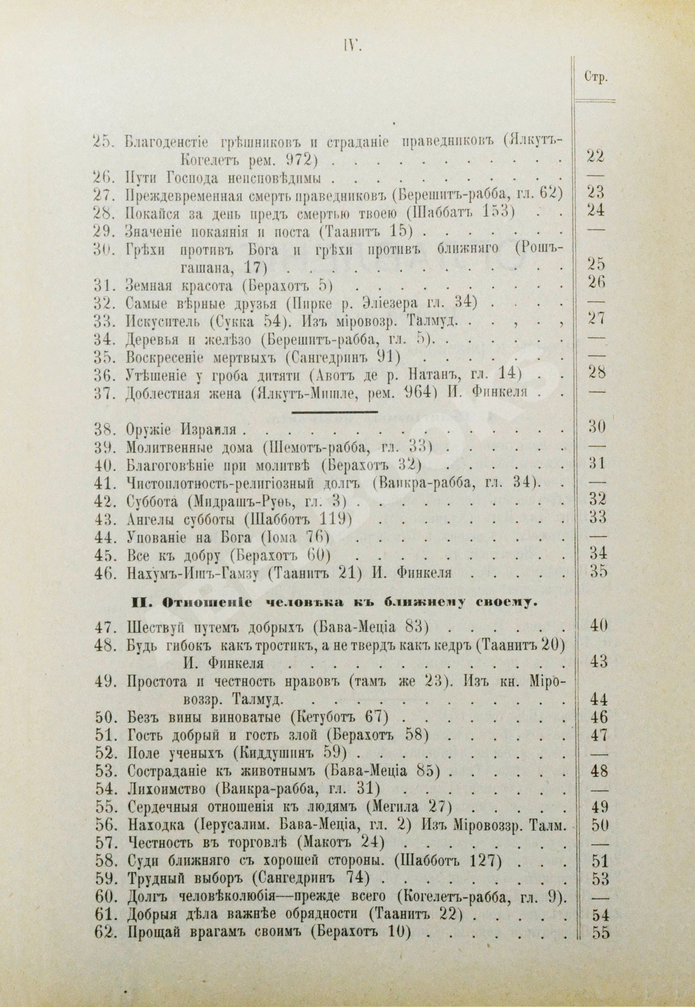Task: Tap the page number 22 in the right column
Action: pyautogui.click(x=595, y=156)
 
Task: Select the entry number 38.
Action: pyautogui.click(x=105, y=429)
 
